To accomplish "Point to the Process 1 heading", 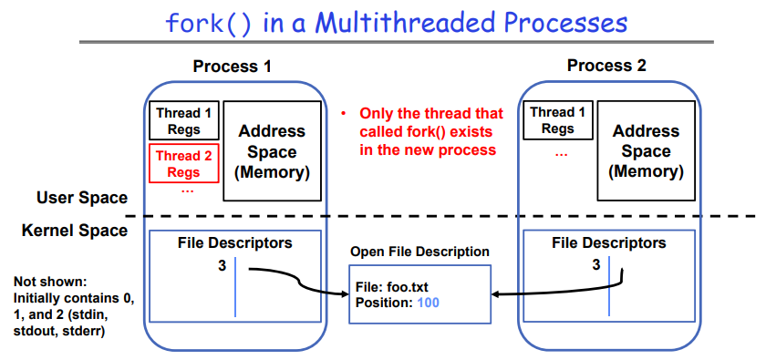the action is coord(232,66).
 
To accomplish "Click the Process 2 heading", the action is coord(606,65).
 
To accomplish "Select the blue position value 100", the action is coord(428,303).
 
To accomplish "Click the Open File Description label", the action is coord(419,252).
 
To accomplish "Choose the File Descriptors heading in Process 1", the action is coord(235,242).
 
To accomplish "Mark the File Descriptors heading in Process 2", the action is coord(609,242).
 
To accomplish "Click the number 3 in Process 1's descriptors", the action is coord(223,266).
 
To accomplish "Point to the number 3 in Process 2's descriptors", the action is coord(596,264).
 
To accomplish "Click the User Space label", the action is coord(82,198).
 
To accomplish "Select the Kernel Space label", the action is coord(75,230).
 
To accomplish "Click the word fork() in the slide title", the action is coord(208,24).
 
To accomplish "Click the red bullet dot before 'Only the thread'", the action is coord(344,114).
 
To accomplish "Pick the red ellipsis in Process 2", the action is coord(562,153).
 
